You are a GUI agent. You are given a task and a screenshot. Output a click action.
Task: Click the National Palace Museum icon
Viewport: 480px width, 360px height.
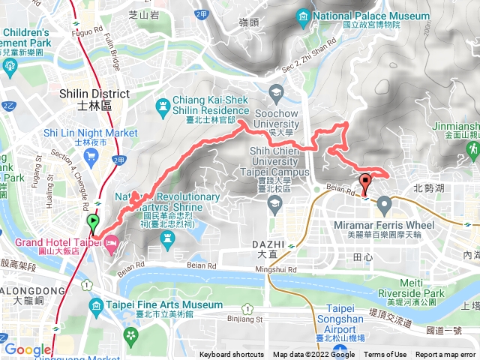(303, 16)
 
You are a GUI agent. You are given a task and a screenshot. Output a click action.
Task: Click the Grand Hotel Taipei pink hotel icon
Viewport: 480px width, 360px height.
(111, 242)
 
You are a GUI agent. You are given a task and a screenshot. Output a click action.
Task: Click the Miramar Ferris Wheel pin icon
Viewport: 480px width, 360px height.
(385, 203)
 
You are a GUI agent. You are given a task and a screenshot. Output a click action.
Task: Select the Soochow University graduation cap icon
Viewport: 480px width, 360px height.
(276, 94)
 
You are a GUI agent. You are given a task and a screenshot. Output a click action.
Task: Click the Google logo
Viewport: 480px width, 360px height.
(28, 349)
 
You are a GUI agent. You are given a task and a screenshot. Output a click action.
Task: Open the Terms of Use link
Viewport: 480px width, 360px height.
(385, 355)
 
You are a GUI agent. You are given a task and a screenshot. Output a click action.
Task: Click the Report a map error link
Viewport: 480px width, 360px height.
(447, 355)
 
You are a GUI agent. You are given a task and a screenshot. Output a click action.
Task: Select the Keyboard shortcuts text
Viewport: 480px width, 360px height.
(232, 355)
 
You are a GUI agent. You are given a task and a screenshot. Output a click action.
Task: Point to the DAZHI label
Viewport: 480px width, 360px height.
(268, 244)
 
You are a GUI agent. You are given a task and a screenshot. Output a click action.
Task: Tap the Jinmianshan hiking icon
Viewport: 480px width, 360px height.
(473, 150)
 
